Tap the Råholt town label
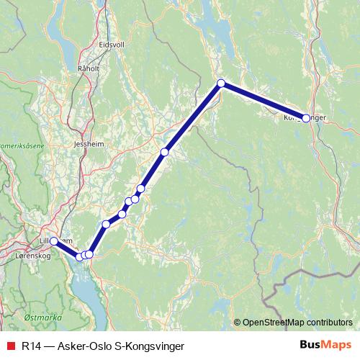tap(86, 69)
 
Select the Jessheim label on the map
tap(88, 144)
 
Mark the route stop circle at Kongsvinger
tap(306, 117)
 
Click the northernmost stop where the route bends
tap(221, 84)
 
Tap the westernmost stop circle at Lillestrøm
tap(54, 241)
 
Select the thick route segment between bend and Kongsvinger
tap(263, 100)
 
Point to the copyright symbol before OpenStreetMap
tap(238, 323)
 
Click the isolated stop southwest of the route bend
tap(165, 152)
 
